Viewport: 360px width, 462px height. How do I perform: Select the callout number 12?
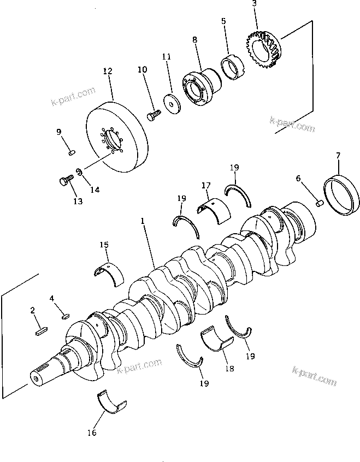coord(107,72)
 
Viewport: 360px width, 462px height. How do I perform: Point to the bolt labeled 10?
coord(154,114)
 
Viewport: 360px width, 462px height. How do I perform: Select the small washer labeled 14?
coord(80,173)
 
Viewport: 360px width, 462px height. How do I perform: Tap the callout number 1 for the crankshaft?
coord(143,222)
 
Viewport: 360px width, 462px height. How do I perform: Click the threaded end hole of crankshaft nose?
coord(37,377)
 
